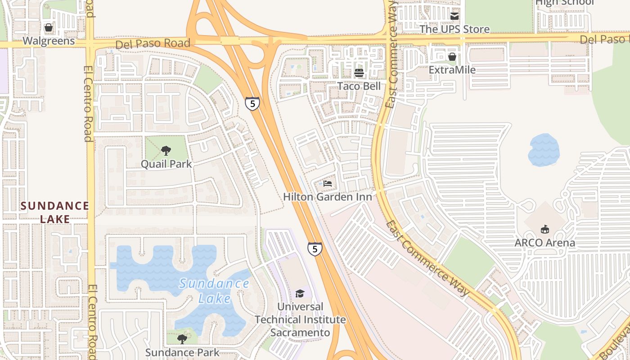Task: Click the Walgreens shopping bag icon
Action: point(49,28)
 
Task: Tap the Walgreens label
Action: point(49,41)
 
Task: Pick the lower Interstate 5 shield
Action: point(315,248)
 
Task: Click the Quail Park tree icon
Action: point(166,151)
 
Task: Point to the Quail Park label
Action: point(166,164)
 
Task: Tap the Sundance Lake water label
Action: point(214,290)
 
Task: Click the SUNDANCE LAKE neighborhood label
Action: point(55,212)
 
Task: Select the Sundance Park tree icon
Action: point(182,339)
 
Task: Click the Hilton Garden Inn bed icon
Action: point(328,184)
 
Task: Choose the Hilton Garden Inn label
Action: point(328,197)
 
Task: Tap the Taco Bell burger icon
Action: point(359,72)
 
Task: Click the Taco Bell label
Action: point(359,86)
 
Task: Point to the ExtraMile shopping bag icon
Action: point(452,57)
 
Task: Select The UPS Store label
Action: point(454,29)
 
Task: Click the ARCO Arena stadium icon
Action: point(545,229)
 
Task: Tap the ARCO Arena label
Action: point(545,243)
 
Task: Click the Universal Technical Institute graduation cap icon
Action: point(300,294)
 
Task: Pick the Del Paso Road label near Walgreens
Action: point(153,44)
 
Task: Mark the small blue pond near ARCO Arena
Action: point(544,150)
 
